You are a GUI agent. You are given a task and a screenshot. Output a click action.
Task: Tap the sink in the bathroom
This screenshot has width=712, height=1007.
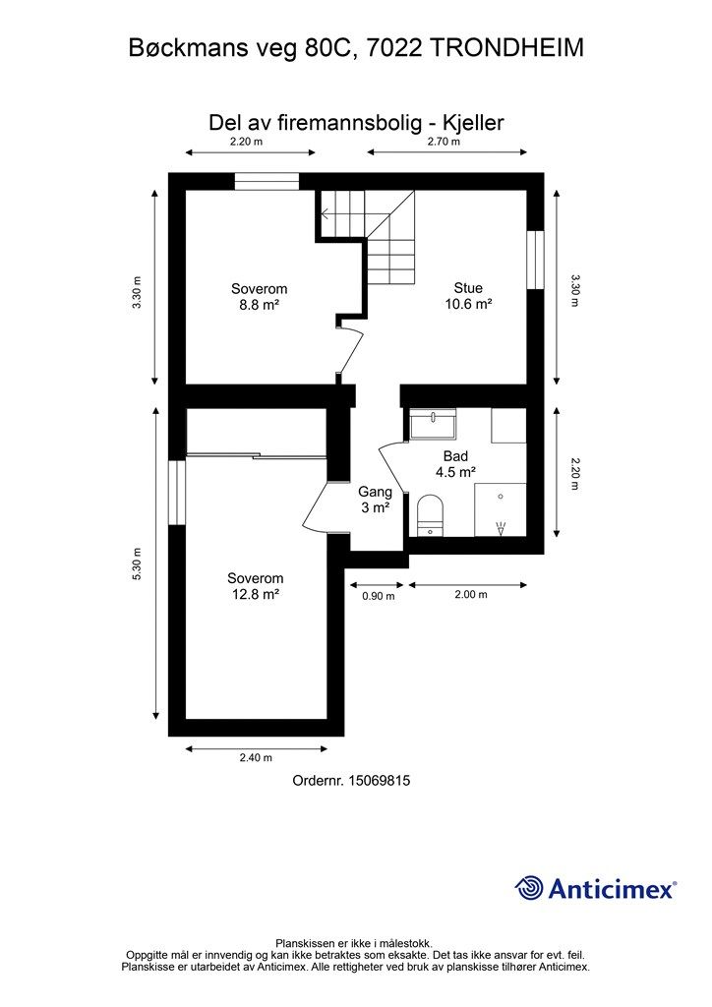click(434, 425)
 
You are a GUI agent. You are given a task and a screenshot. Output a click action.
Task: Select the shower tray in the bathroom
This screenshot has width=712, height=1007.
click(501, 510)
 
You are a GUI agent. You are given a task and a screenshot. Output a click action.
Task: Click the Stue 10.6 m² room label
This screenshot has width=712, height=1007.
click(468, 296)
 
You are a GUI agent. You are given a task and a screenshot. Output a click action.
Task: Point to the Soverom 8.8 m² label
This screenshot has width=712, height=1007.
click(259, 297)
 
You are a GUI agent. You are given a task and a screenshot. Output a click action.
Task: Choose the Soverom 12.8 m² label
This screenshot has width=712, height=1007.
click(256, 586)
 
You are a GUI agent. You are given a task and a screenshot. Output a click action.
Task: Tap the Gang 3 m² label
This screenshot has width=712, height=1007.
click(375, 500)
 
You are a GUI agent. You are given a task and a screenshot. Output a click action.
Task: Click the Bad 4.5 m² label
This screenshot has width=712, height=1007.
click(455, 464)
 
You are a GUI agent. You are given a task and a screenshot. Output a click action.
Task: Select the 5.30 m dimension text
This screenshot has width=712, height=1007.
click(136, 564)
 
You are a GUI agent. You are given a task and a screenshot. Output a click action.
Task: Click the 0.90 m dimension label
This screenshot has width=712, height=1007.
click(379, 596)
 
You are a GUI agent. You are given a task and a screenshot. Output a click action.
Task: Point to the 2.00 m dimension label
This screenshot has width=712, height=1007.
click(471, 595)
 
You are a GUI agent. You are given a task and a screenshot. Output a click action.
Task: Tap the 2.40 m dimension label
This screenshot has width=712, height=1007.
click(256, 758)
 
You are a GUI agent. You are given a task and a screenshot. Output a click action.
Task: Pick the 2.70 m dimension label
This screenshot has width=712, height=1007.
click(444, 142)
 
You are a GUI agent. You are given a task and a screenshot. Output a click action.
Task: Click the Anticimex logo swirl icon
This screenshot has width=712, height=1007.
click(529, 888)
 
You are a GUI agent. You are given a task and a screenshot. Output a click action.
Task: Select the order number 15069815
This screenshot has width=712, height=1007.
click(379, 781)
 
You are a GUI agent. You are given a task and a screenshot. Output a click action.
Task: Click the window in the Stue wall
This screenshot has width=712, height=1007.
click(535, 260)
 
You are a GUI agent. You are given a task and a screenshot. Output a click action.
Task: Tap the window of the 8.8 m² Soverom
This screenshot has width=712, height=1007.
click(267, 181)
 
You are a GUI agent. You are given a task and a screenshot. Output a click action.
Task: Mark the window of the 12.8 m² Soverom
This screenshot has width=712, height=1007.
click(177, 492)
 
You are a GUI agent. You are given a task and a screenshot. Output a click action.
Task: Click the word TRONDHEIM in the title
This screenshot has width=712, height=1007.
click(506, 48)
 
